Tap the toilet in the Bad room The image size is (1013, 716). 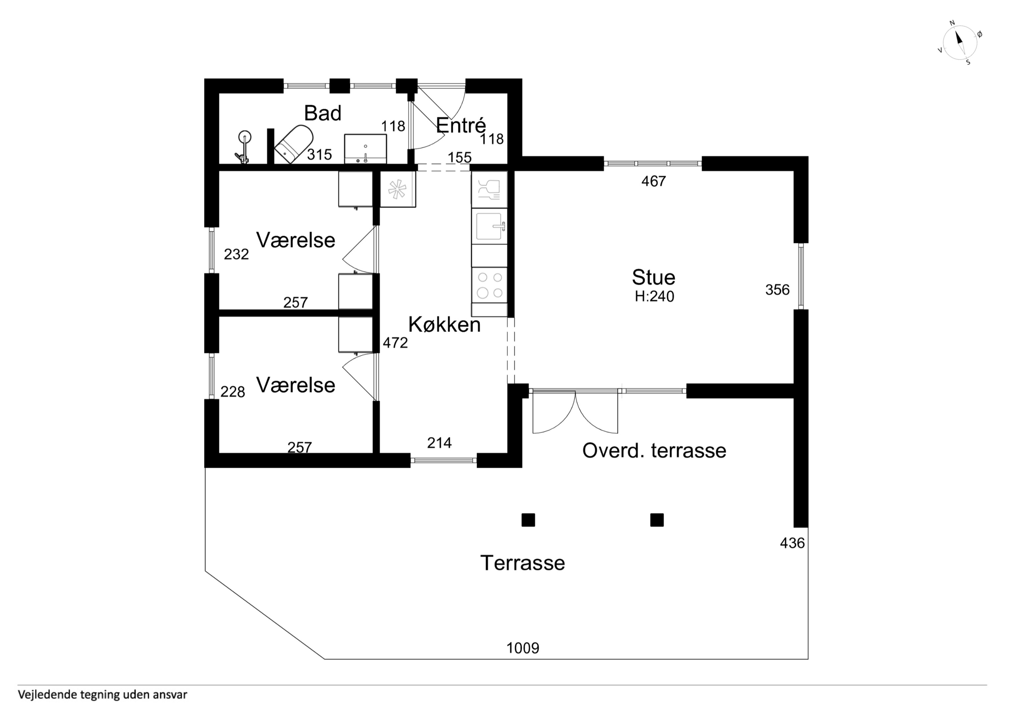[294, 144]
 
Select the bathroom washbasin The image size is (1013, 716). [365, 149]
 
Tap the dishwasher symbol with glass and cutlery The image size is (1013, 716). [489, 190]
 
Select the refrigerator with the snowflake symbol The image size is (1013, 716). [398, 189]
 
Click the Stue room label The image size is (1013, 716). [654, 277]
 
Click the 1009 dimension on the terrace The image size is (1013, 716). [523, 648]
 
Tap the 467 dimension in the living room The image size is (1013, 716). [654, 181]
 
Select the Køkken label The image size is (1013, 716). [444, 325]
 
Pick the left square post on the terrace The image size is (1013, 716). [528, 520]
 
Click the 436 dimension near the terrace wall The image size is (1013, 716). [792, 543]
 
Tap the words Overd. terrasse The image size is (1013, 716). [654, 451]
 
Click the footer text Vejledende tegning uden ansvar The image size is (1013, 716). [102, 695]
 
